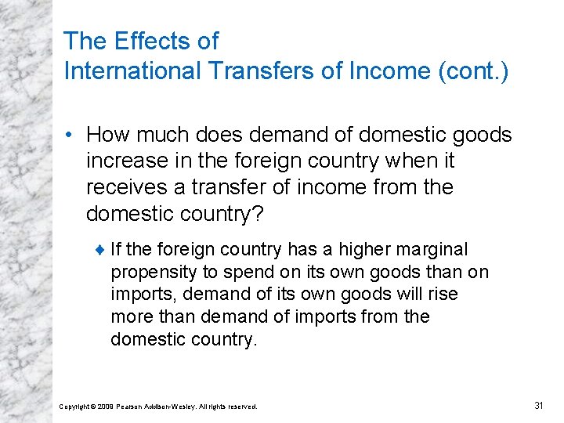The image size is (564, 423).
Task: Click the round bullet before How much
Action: coord(71,136)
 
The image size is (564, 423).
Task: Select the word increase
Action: coord(125,161)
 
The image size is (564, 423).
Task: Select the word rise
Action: coord(442,295)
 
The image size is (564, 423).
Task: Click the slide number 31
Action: coord(538,405)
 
